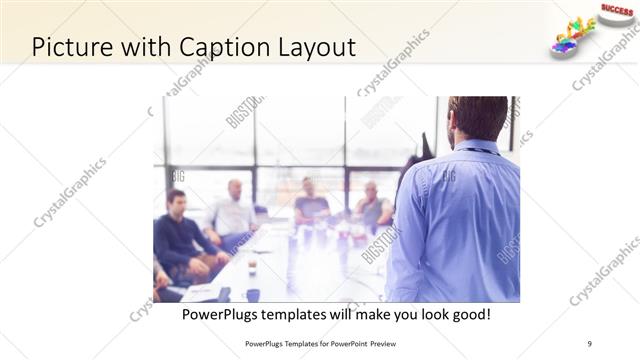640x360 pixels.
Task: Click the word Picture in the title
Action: [71, 46]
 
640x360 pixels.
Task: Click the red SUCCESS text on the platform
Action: [617, 8]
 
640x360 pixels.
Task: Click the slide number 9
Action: [589, 343]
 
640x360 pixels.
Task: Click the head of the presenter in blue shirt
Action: [476, 118]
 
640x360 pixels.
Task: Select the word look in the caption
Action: [420, 314]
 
